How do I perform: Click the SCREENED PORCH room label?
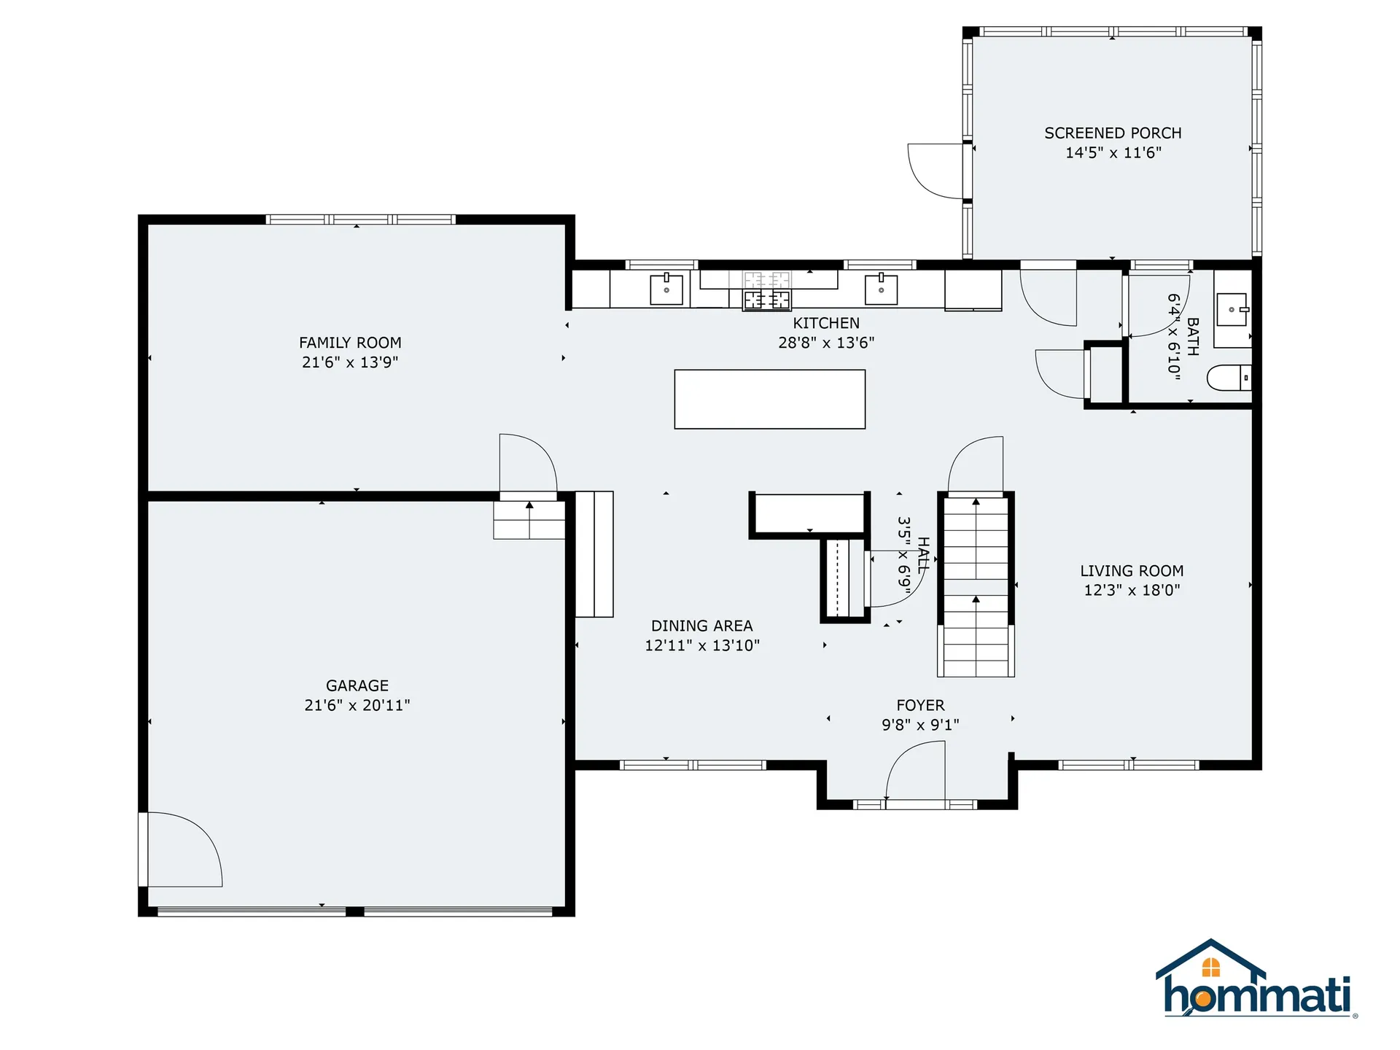point(1113,133)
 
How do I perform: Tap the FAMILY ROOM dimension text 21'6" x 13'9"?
point(350,362)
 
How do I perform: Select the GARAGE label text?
point(357,685)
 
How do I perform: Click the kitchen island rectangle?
point(769,400)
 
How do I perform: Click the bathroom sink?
point(1232,311)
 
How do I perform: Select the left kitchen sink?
point(666,289)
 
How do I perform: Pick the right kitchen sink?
point(881,289)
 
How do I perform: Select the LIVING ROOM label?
point(1132,571)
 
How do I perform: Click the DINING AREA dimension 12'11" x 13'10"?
point(702,645)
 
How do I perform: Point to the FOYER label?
point(920,705)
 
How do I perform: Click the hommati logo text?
point(1257,995)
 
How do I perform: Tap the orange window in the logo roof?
point(1211,968)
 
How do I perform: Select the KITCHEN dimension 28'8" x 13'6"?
point(826,343)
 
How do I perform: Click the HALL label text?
point(923,554)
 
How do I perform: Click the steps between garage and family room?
point(529,520)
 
